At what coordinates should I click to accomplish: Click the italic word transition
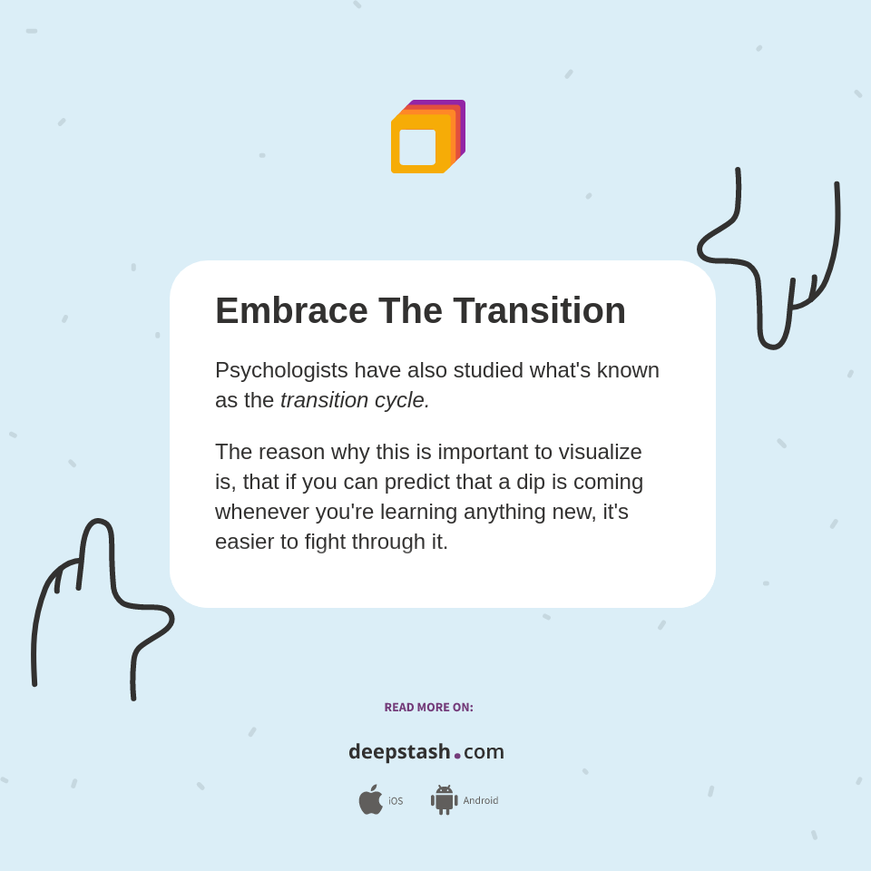[x=324, y=400]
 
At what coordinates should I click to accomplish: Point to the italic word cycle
[x=402, y=400]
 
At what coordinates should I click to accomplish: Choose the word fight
[x=329, y=542]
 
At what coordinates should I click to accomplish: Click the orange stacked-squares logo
[x=427, y=136]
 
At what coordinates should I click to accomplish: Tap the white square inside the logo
[x=417, y=147]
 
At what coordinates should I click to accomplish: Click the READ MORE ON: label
[x=428, y=708]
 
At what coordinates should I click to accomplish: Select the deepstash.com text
[x=426, y=752]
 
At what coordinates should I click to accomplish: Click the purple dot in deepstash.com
[x=457, y=756]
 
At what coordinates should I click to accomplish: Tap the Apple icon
[x=370, y=799]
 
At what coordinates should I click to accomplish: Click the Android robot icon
[x=445, y=799]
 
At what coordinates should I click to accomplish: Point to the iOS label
[x=396, y=801]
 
